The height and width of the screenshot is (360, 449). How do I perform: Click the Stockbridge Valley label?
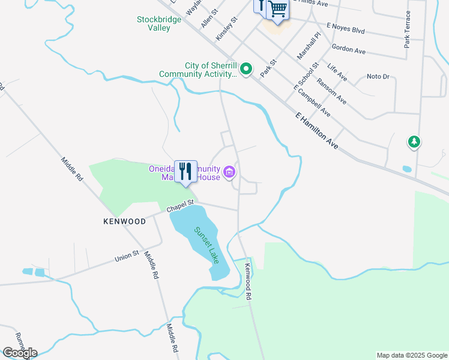coord(154,23)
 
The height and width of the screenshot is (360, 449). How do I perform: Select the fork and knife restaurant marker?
coord(186,172)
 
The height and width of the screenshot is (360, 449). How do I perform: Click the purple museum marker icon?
coord(229,173)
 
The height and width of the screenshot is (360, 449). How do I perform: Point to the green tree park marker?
coord(414,142)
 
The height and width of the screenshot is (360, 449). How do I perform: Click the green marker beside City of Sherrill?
coord(246,70)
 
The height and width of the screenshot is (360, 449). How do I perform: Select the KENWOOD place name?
coord(124,221)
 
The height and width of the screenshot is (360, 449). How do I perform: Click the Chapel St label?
coord(181,206)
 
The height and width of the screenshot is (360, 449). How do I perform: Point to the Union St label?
coord(127,259)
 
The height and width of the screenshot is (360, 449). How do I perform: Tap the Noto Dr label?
coord(378,77)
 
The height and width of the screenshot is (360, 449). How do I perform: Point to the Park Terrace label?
coord(408,29)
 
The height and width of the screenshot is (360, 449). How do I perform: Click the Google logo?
coord(20,352)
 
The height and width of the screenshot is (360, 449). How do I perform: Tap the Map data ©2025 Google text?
coord(412,355)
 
